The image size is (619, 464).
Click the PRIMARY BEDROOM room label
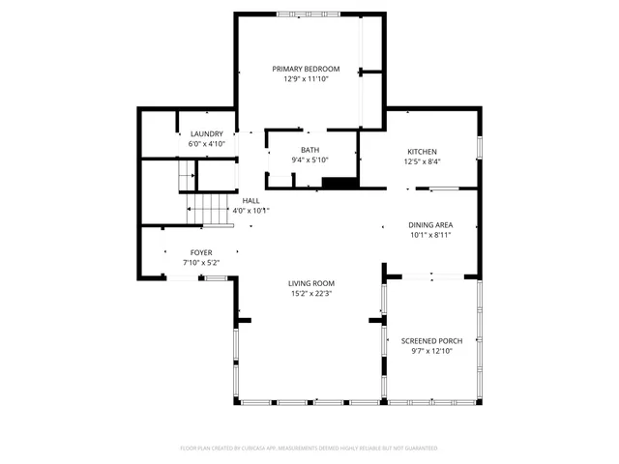(306, 69)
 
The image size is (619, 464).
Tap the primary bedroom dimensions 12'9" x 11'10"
(306, 79)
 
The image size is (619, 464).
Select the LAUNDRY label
(207, 133)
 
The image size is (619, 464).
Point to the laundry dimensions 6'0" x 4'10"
(207, 144)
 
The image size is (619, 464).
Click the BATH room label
(309, 150)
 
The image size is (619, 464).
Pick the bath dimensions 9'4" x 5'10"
(309, 160)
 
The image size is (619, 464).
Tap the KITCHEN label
(422, 152)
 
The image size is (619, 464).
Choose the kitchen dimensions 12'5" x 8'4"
(422, 162)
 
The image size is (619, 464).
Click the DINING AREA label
(429, 223)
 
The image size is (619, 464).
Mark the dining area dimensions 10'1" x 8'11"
(429, 234)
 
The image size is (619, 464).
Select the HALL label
(251, 200)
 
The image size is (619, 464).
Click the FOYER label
(200, 251)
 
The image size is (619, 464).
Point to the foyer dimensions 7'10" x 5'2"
(200, 262)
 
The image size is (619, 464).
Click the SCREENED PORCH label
(431, 341)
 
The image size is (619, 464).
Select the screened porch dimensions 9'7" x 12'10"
(431, 352)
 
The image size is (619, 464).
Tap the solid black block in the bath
(339, 182)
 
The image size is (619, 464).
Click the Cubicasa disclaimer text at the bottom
(309, 449)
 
